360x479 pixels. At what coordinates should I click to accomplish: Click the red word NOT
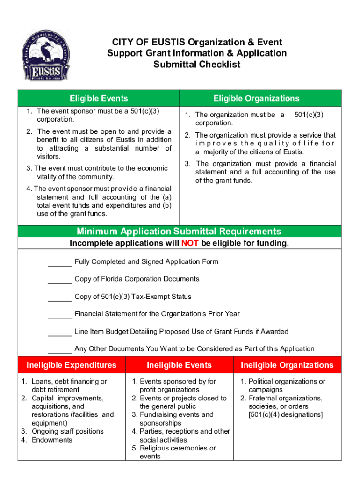click(x=190, y=243)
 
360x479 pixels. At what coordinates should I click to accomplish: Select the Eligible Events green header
click(x=99, y=98)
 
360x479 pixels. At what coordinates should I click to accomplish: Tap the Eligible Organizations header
click(x=256, y=98)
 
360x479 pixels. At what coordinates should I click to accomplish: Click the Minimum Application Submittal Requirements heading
click(x=179, y=232)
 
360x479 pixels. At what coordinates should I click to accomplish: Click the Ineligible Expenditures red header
click(x=72, y=365)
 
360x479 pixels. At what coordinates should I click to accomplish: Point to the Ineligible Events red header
click(x=179, y=365)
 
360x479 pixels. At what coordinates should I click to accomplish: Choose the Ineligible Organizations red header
click(x=287, y=365)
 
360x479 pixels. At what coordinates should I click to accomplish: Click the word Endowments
click(x=52, y=440)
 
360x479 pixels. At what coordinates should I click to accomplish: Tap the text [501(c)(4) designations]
click(x=286, y=414)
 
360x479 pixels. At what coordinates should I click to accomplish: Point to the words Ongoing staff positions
click(x=68, y=431)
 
